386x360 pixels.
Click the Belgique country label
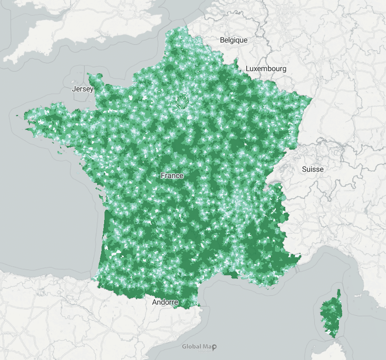point(234,40)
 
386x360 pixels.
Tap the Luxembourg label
point(266,68)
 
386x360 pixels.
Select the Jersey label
point(82,89)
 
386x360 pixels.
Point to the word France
point(172,176)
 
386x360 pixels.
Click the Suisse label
point(313,169)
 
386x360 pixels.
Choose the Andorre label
point(165,302)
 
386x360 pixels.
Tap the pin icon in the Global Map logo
point(214,347)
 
